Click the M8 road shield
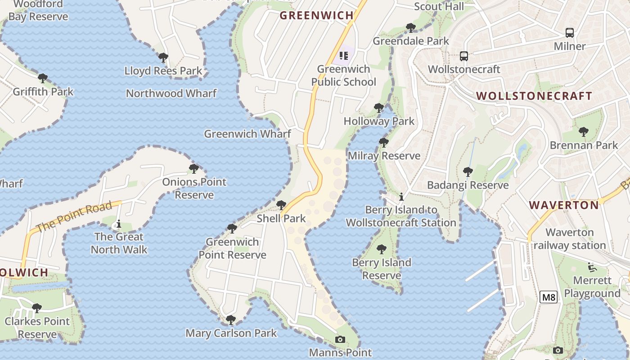point(549,297)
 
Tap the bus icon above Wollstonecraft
point(464,56)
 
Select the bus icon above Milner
point(570,33)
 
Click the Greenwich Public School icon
point(344,56)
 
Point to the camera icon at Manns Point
point(340,339)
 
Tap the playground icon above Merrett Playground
point(592,267)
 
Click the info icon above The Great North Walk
point(119,224)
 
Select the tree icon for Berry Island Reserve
point(382,249)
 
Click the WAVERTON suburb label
point(564,205)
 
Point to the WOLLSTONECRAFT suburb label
point(534,96)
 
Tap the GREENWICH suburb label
point(317,15)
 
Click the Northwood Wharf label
point(171,93)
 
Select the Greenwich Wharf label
point(247,134)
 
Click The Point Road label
point(74,217)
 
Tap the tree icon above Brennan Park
point(584,132)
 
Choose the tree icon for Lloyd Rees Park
point(163,58)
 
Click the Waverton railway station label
point(569,239)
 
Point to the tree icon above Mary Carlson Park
point(231,320)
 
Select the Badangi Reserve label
point(468,185)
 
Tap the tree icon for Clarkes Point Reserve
point(37,308)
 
